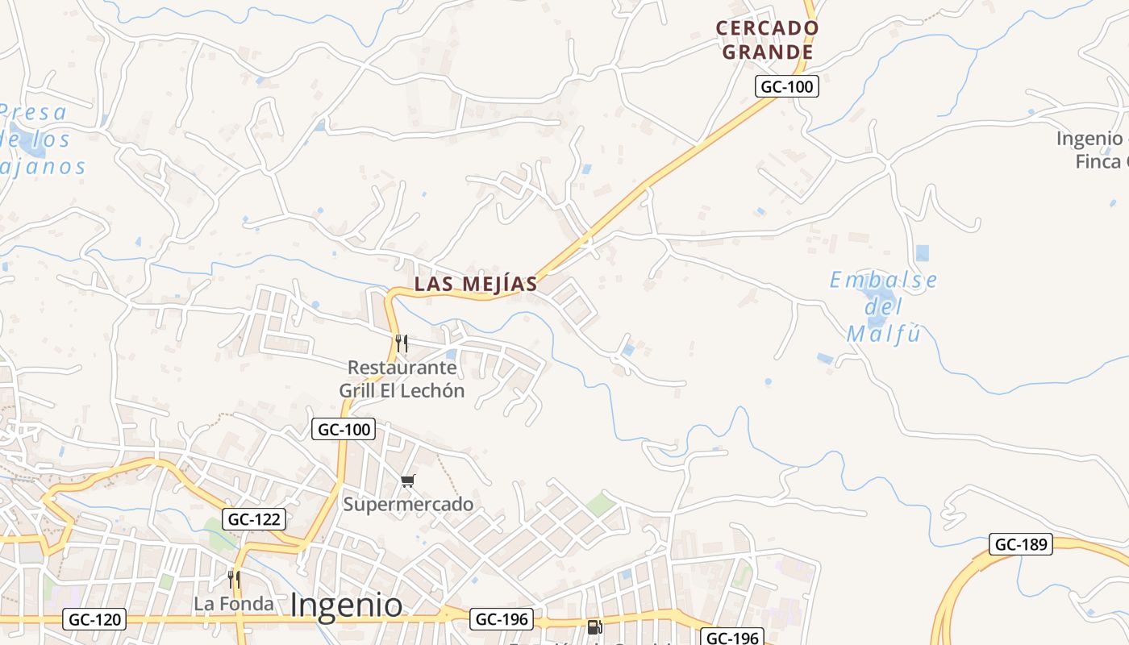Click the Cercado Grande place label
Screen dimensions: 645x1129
[x=767, y=40]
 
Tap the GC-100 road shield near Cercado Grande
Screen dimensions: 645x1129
[x=787, y=86]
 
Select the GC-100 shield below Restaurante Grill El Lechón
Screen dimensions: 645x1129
[x=344, y=430]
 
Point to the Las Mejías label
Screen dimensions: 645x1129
[x=476, y=284]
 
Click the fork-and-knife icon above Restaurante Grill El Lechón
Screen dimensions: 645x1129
[x=402, y=343]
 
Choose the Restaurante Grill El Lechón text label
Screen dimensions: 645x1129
[x=402, y=379]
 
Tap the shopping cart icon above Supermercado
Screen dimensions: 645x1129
[x=408, y=481]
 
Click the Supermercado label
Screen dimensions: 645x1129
[x=408, y=505]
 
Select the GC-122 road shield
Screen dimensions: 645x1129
[x=253, y=519]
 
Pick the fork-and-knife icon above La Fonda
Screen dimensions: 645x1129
[x=234, y=579]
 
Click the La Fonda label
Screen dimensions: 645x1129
[x=234, y=603]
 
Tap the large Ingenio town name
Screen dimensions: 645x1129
[x=346, y=605]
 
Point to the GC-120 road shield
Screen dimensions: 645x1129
[x=94, y=619]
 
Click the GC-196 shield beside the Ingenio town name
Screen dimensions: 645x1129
[x=502, y=619]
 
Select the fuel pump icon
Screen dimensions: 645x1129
[x=594, y=626]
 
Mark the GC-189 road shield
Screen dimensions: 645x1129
[x=1022, y=544]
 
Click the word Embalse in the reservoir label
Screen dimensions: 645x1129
[x=884, y=281]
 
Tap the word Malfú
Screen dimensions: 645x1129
[x=884, y=334]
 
